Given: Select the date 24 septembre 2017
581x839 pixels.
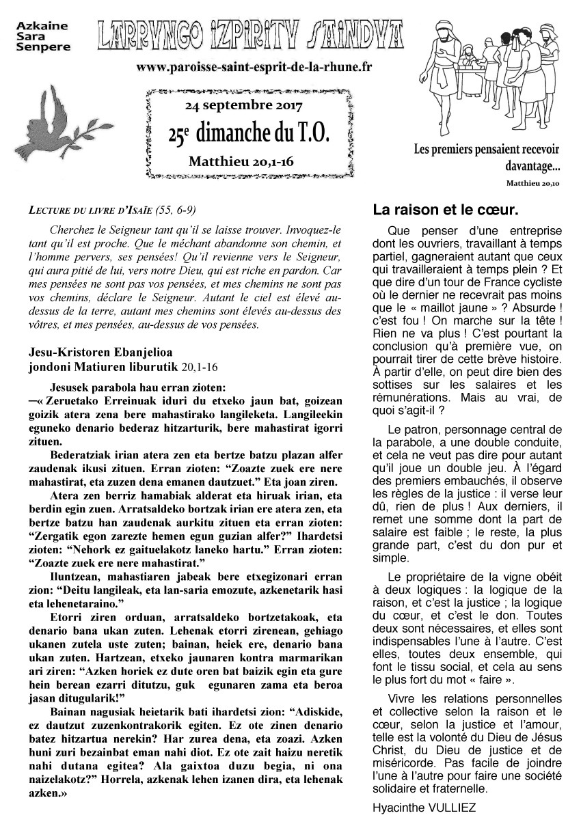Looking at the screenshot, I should click(x=243, y=107).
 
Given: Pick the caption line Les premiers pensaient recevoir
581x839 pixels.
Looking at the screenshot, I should click(x=487, y=150).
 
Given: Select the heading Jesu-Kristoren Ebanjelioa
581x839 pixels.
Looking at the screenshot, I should click(x=101, y=353).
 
